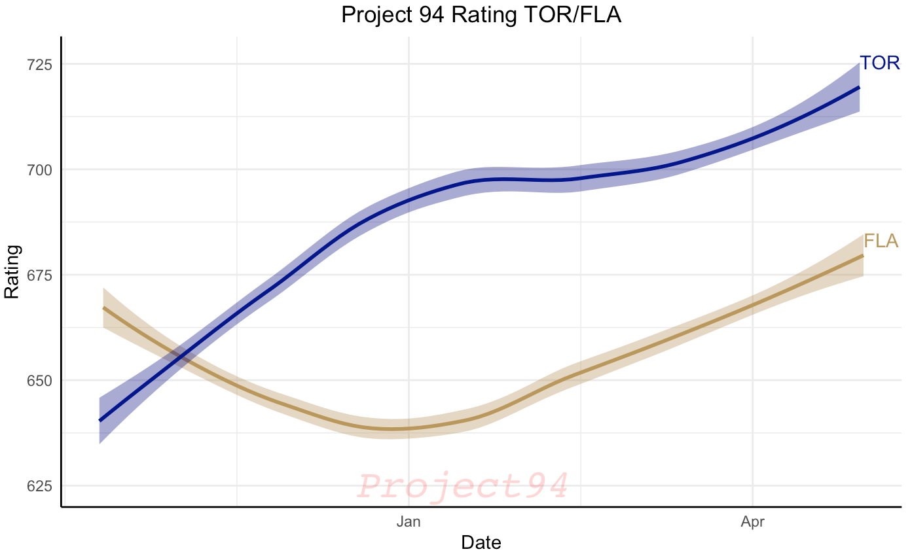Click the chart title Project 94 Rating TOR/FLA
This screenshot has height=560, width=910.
tap(481, 14)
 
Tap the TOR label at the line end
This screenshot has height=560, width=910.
tap(880, 63)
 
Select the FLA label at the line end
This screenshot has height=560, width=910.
tap(881, 241)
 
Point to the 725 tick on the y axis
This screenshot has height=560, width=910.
tap(40, 65)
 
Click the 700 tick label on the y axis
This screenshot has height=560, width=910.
tap(40, 170)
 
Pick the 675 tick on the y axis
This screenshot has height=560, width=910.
tap(40, 275)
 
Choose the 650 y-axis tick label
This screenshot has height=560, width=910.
tap(40, 381)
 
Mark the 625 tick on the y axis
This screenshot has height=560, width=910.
tap(40, 486)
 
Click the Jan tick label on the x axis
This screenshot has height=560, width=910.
tap(409, 522)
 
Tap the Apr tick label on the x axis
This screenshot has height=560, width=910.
tap(753, 522)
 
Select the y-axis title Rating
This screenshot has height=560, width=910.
tap(12, 271)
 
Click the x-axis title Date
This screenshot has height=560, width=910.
tap(481, 542)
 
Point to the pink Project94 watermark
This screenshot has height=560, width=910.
tap(463, 486)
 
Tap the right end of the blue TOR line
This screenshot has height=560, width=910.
tap(859, 87)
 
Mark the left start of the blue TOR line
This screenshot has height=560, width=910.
tap(100, 420)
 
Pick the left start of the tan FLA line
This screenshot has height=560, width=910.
tap(103, 307)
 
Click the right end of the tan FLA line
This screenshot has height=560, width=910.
tap(863, 255)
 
